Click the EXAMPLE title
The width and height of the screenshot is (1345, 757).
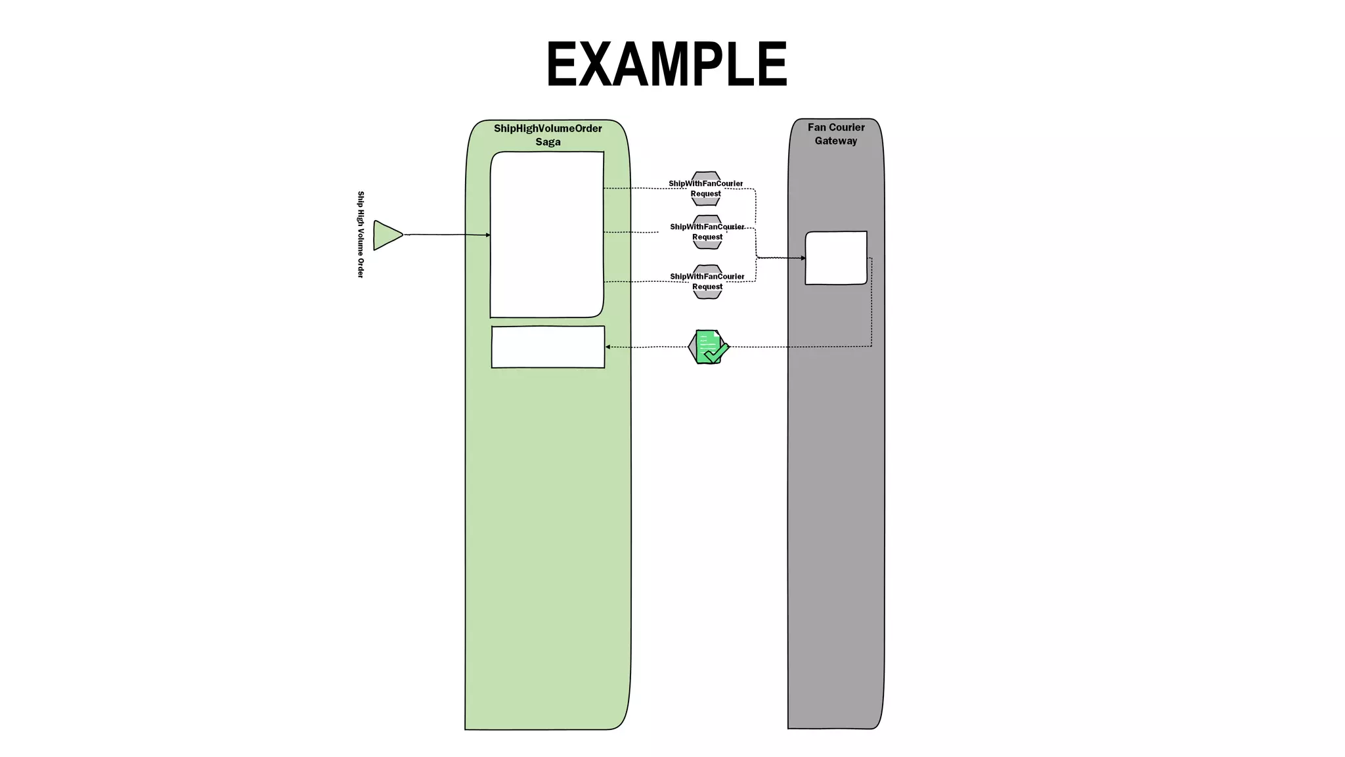tap(666, 64)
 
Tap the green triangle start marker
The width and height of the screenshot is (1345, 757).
tap(386, 235)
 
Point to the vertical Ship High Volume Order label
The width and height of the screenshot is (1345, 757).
tap(361, 235)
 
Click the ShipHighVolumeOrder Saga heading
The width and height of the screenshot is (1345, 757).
tap(548, 135)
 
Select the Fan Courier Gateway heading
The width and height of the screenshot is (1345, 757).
tap(835, 134)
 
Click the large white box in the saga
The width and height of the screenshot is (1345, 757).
tap(546, 235)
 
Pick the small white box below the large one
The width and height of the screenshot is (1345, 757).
tap(548, 347)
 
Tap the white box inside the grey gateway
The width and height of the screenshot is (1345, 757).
tap(835, 258)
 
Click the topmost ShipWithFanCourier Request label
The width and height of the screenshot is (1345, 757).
tap(705, 189)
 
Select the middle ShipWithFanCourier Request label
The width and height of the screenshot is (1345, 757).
tap(707, 232)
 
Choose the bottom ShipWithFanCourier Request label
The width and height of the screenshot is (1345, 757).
tap(707, 281)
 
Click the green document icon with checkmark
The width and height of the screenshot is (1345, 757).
tap(708, 346)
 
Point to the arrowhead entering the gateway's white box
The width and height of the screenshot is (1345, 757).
tap(803, 258)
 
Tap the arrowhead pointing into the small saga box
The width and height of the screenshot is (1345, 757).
tap(608, 347)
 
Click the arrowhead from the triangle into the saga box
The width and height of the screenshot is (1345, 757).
tap(488, 235)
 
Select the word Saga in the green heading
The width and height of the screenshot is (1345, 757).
tap(548, 142)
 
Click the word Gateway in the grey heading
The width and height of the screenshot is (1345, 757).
tap(835, 141)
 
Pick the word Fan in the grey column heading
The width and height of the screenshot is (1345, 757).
tap(816, 127)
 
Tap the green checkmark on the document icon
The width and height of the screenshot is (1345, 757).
tap(716, 353)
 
